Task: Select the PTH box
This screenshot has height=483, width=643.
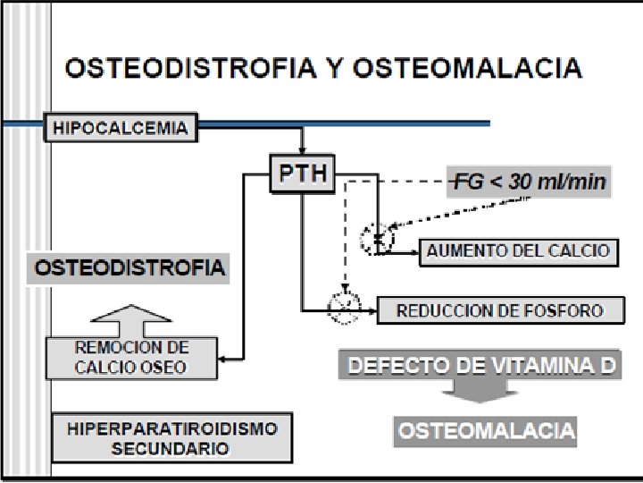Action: click(301, 173)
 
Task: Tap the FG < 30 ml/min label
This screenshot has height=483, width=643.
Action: click(528, 183)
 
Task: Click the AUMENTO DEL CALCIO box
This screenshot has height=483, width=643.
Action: click(518, 250)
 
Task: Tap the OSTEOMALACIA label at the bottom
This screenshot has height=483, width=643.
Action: click(486, 430)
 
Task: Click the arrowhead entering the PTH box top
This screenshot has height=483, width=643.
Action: click(302, 149)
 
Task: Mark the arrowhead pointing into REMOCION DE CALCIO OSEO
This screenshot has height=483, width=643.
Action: click(223, 360)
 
